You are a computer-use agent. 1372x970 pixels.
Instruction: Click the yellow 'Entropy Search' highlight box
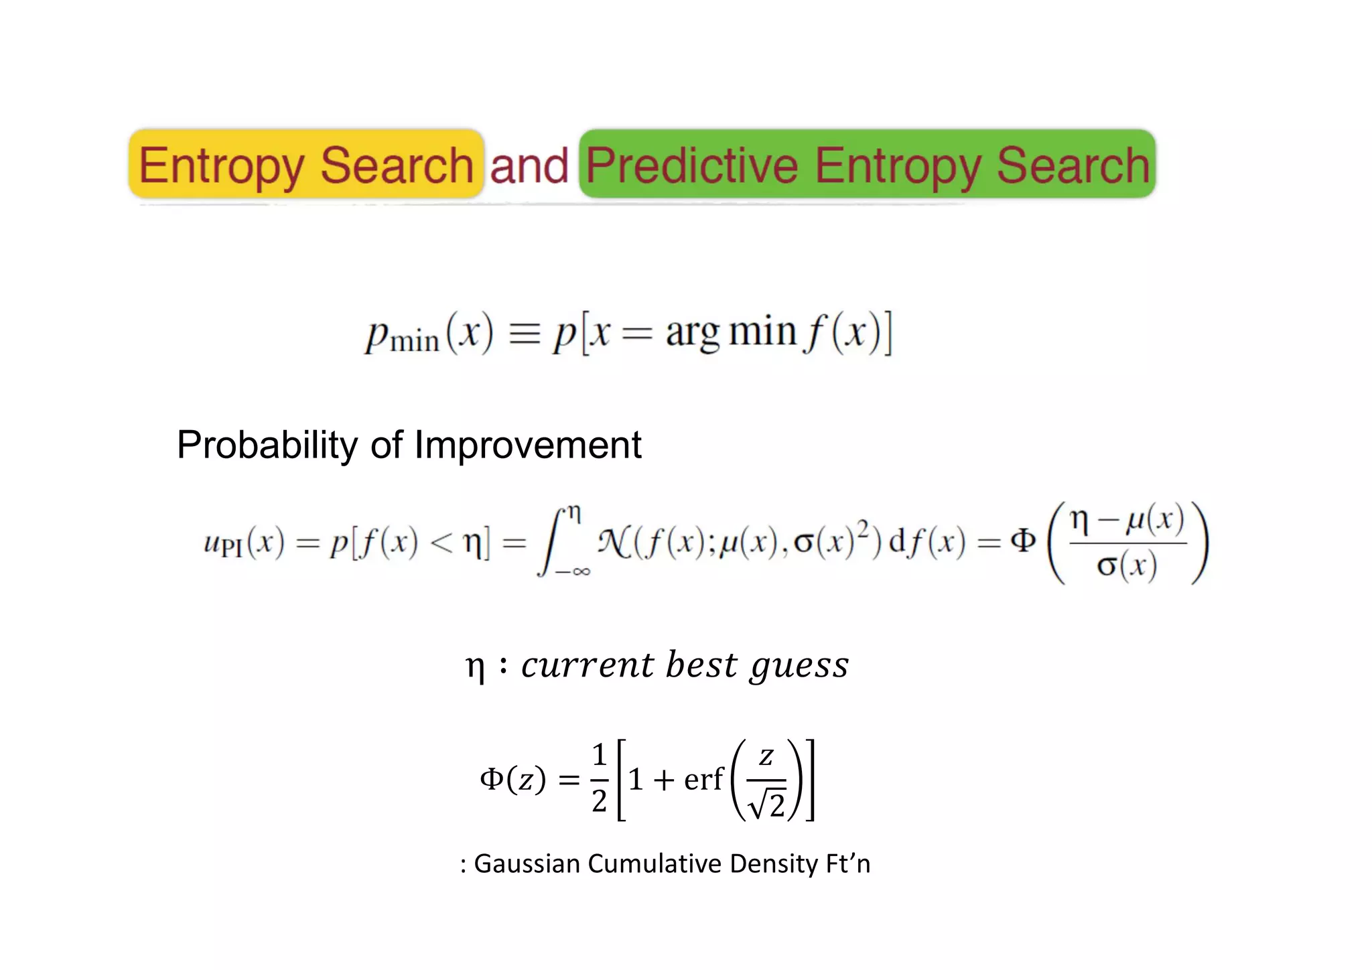coord(306,164)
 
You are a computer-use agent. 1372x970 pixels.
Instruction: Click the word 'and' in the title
coord(529,165)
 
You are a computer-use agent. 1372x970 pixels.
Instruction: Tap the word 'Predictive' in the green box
coord(691,165)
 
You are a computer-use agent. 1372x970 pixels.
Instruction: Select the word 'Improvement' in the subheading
coord(528,445)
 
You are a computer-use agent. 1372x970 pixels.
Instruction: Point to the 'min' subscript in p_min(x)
coord(415,342)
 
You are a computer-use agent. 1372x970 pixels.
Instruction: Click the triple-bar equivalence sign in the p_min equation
coord(525,333)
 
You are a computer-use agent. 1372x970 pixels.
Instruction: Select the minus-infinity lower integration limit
coord(573,571)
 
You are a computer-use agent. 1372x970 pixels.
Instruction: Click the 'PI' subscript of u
coord(231,549)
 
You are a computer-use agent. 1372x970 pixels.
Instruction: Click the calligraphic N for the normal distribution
coord(612,541)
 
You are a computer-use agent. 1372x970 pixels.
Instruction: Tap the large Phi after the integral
coord(1022,540)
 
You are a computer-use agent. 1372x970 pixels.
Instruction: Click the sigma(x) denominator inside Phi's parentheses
coord(1127,566)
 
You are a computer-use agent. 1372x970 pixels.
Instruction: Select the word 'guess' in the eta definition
coord(799,666)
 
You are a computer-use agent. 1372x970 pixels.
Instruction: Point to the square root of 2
coord(767,804)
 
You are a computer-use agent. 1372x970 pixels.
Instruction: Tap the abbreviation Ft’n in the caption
coord(847,863)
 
